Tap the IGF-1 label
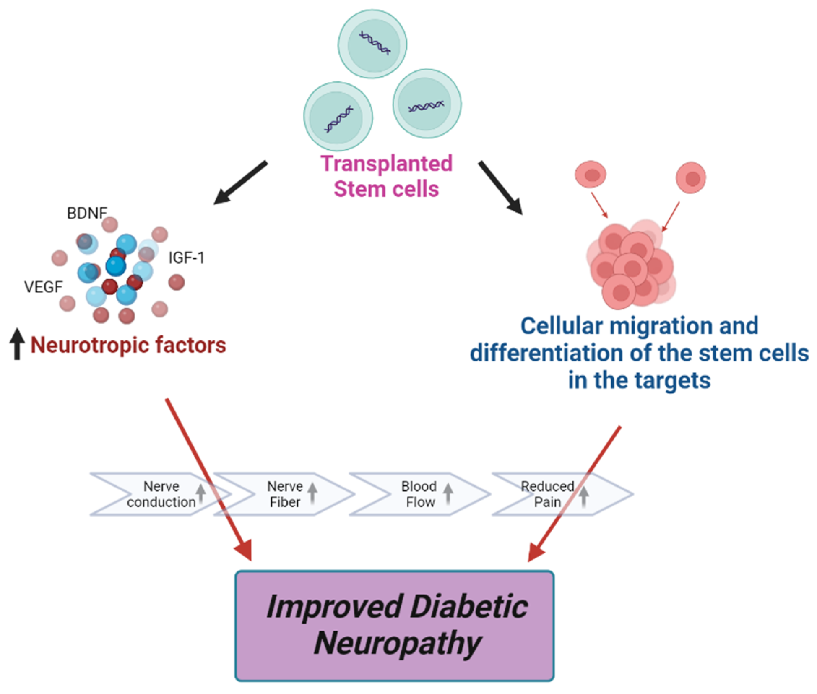(x=186, y=258)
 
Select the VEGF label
(x=43, y=287)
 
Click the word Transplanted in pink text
(x=386, y=163)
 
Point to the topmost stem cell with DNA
(x=372, y=44)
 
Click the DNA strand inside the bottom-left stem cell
(x=338, y=119)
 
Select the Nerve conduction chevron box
(x=157, y=494)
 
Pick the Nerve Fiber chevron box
(x=285, y=494)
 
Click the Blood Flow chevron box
(x=419, y=494)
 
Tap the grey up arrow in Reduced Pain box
(x=584, y=497)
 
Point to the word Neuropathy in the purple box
(x=397, y=643)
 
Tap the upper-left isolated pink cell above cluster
(x=591, y=174)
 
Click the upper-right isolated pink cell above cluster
(x=691, y=178)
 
